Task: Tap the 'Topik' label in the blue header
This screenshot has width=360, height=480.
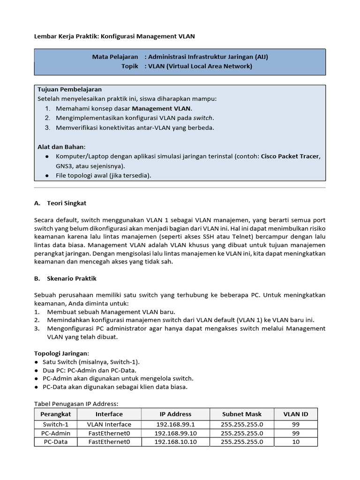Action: pyautogui.click(x=130, y=66)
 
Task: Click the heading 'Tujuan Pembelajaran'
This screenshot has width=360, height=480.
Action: pyautogui.click(x=69, y=90)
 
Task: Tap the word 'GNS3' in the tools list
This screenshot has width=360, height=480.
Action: pyautogui.click(x=64, y=166)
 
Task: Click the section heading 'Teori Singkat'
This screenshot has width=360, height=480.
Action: pyautogui.click(x=67, y=203)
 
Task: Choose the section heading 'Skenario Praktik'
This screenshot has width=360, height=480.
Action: pyautogui.click(x=71, y=278)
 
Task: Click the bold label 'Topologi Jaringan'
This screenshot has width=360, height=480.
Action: pyautogui.click(x=61, y=353)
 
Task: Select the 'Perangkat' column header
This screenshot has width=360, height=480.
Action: pyautogui.click(x=56, y=414)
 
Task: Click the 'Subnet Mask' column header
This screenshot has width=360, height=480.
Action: pyautogui.click(x=242, y=414)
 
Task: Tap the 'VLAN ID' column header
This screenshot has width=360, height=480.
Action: pyautogui.click(x=296, y=414)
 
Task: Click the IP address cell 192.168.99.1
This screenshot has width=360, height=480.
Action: pyautogui.click(x=175, y=424)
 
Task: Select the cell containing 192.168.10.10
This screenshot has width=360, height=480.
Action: pyautogui.click(x=175, y=442)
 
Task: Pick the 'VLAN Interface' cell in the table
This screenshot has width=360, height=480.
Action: pyautogui.click(x=109, y=424)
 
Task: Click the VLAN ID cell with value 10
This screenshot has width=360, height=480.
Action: pyautogui.click(x=296, y=442)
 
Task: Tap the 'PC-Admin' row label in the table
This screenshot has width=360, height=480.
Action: pyautogui.click(x=56, y=433)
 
